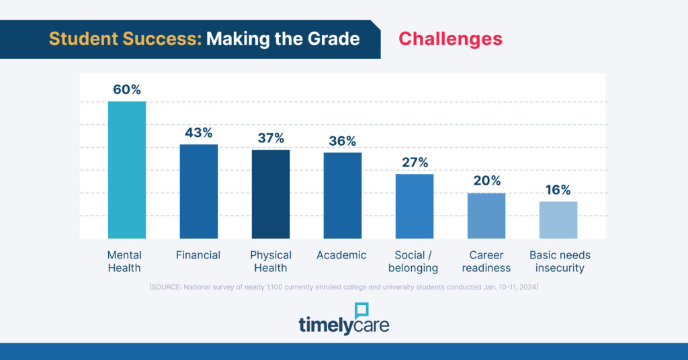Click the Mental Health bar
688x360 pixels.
(127, 170)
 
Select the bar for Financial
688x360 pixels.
(199, 191)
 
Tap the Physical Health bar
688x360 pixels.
(271, 194)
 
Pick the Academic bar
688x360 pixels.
(343, 195)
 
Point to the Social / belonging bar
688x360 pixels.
(415, 206)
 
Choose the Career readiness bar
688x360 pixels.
(486, 216)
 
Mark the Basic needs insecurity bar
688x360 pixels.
(558, 220)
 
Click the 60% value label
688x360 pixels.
(127, 90)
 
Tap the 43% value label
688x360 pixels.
(199, 133)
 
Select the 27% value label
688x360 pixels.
(415, 163)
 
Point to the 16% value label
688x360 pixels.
(558, 190)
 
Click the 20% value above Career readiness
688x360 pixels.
(486, 181)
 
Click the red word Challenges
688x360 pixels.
(450, 39)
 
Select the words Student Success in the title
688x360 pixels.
(125, 39)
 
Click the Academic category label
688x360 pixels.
(342, 255)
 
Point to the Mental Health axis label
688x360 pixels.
(124, 261)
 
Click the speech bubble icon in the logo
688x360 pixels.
(362, 311)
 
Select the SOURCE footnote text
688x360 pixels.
(343, 287)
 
